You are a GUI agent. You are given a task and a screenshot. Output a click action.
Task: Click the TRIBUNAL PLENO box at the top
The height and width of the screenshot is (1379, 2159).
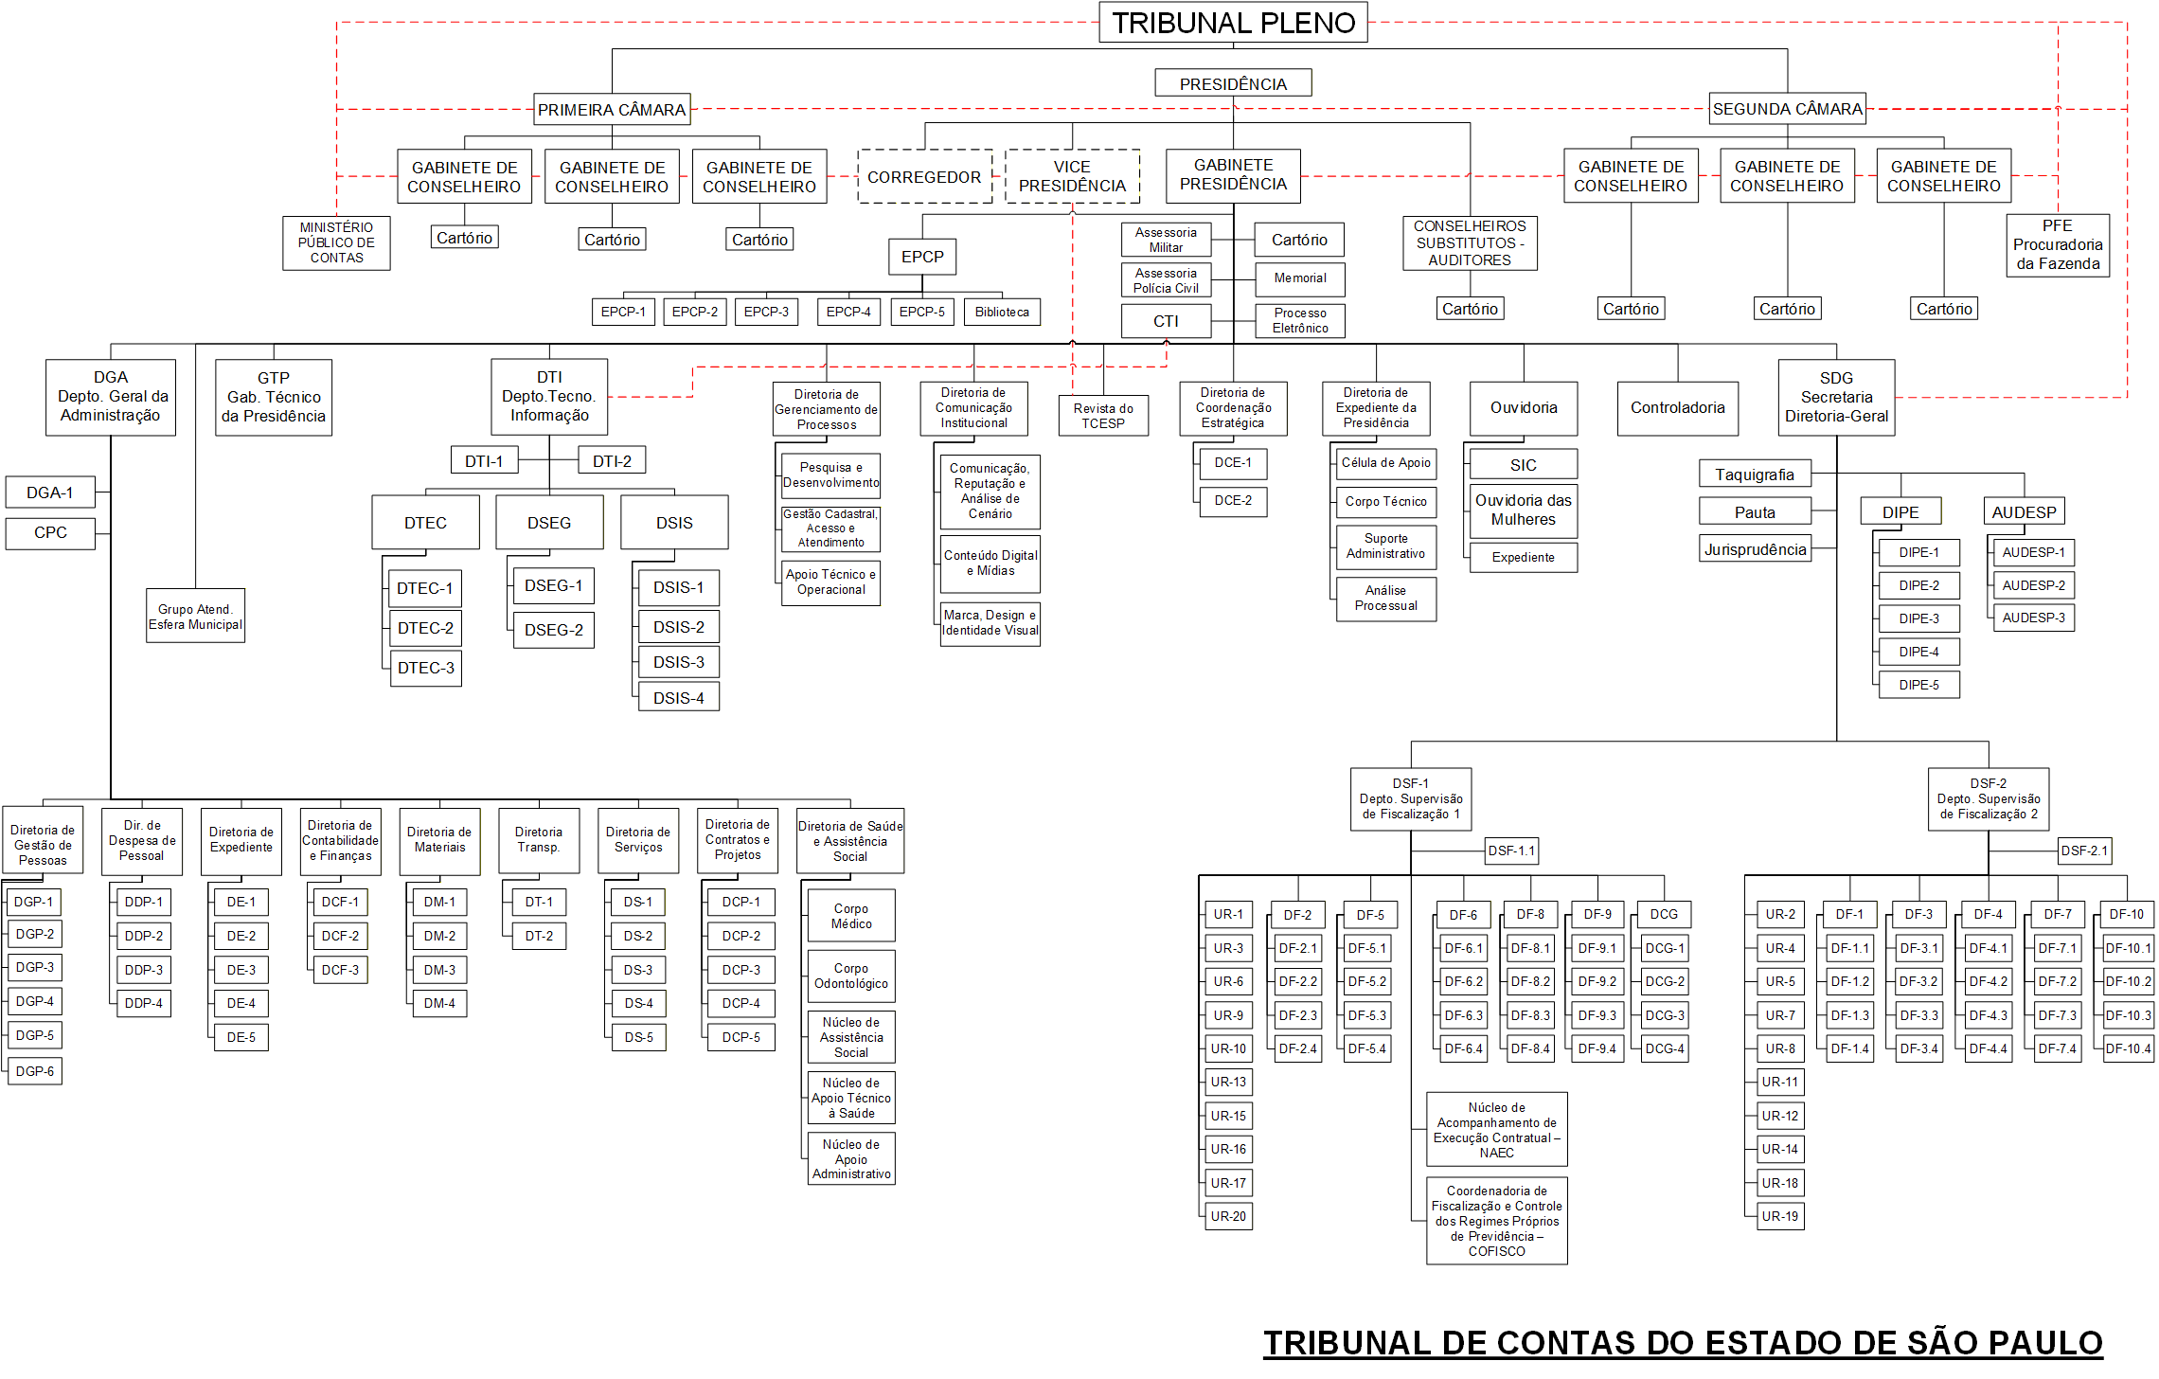point(1233,23)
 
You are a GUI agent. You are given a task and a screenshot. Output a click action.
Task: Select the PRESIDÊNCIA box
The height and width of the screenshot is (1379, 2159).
point(1233,83)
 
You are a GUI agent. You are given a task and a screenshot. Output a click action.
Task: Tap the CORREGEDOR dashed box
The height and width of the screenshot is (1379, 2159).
point(924,177)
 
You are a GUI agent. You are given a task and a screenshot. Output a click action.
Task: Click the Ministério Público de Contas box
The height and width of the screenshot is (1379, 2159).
point(336,242)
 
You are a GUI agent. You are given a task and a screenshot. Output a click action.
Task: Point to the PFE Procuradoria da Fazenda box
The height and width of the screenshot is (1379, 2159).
point(2058,245)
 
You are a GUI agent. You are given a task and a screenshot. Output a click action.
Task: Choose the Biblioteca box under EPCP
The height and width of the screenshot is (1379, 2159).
point(1002,312)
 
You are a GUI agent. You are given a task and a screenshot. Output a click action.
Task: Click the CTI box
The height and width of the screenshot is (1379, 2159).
point(1166,321)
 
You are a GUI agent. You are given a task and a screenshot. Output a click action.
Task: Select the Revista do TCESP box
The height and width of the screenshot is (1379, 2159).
point(1103,416)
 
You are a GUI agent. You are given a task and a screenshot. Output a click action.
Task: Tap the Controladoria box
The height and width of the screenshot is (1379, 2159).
point(1677,408)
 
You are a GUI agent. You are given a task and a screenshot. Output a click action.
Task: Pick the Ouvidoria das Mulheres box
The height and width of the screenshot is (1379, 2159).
point(1523,510)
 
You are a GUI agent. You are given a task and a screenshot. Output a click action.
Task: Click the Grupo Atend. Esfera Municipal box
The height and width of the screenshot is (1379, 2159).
point(195,617)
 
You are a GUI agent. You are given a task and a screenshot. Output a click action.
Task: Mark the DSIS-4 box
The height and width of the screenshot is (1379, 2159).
point(679,698)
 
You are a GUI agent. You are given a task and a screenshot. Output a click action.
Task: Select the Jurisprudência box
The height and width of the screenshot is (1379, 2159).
point(1755,549)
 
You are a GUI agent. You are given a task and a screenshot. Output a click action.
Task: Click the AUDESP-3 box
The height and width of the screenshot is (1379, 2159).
point(2033,618)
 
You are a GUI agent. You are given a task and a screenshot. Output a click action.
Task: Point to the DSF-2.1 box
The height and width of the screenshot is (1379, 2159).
point(2085,851)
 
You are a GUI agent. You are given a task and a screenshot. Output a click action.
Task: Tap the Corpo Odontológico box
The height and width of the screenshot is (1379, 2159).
point(851,976)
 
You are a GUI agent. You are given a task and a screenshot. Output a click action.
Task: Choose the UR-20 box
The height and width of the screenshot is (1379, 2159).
point(1228,1216)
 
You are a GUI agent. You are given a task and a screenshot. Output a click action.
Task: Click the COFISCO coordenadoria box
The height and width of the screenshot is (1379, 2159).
point(1497,1221)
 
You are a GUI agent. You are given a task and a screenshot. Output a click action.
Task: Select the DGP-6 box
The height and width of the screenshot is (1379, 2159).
point(35,1071)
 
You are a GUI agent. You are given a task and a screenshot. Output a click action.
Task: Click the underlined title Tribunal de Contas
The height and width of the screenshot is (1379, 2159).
point(1683,1343)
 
